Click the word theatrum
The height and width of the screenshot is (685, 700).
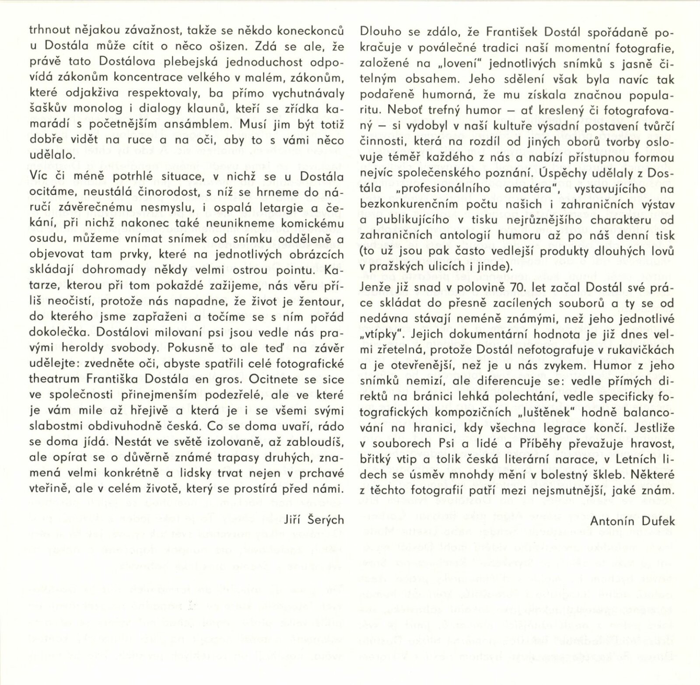coord(48,381)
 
